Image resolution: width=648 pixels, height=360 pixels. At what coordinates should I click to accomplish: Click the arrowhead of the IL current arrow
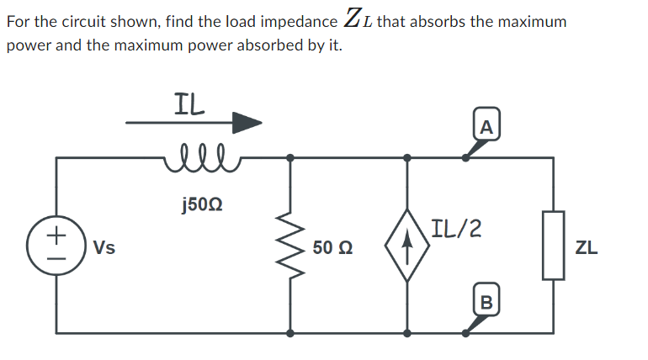247,124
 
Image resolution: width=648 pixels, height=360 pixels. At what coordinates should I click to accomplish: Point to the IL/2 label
455,227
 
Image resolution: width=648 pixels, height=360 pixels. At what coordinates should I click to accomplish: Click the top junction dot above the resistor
291,157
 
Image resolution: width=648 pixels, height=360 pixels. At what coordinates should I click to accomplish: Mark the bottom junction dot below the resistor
291,333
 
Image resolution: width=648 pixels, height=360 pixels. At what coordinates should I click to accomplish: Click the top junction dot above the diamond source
407,157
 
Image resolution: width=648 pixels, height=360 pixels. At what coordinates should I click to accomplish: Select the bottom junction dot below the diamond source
407,333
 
